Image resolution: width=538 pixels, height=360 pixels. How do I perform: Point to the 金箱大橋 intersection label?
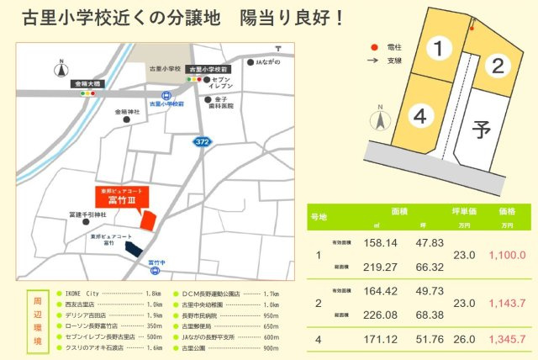pos(86,85)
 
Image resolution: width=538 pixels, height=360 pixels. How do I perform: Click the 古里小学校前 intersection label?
pos(207,68)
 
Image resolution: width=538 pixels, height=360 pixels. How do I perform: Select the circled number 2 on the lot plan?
pos(498,65)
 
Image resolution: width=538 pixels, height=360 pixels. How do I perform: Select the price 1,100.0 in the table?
pos(506,254)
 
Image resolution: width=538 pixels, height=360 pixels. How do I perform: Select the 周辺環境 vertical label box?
pos(36,320)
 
